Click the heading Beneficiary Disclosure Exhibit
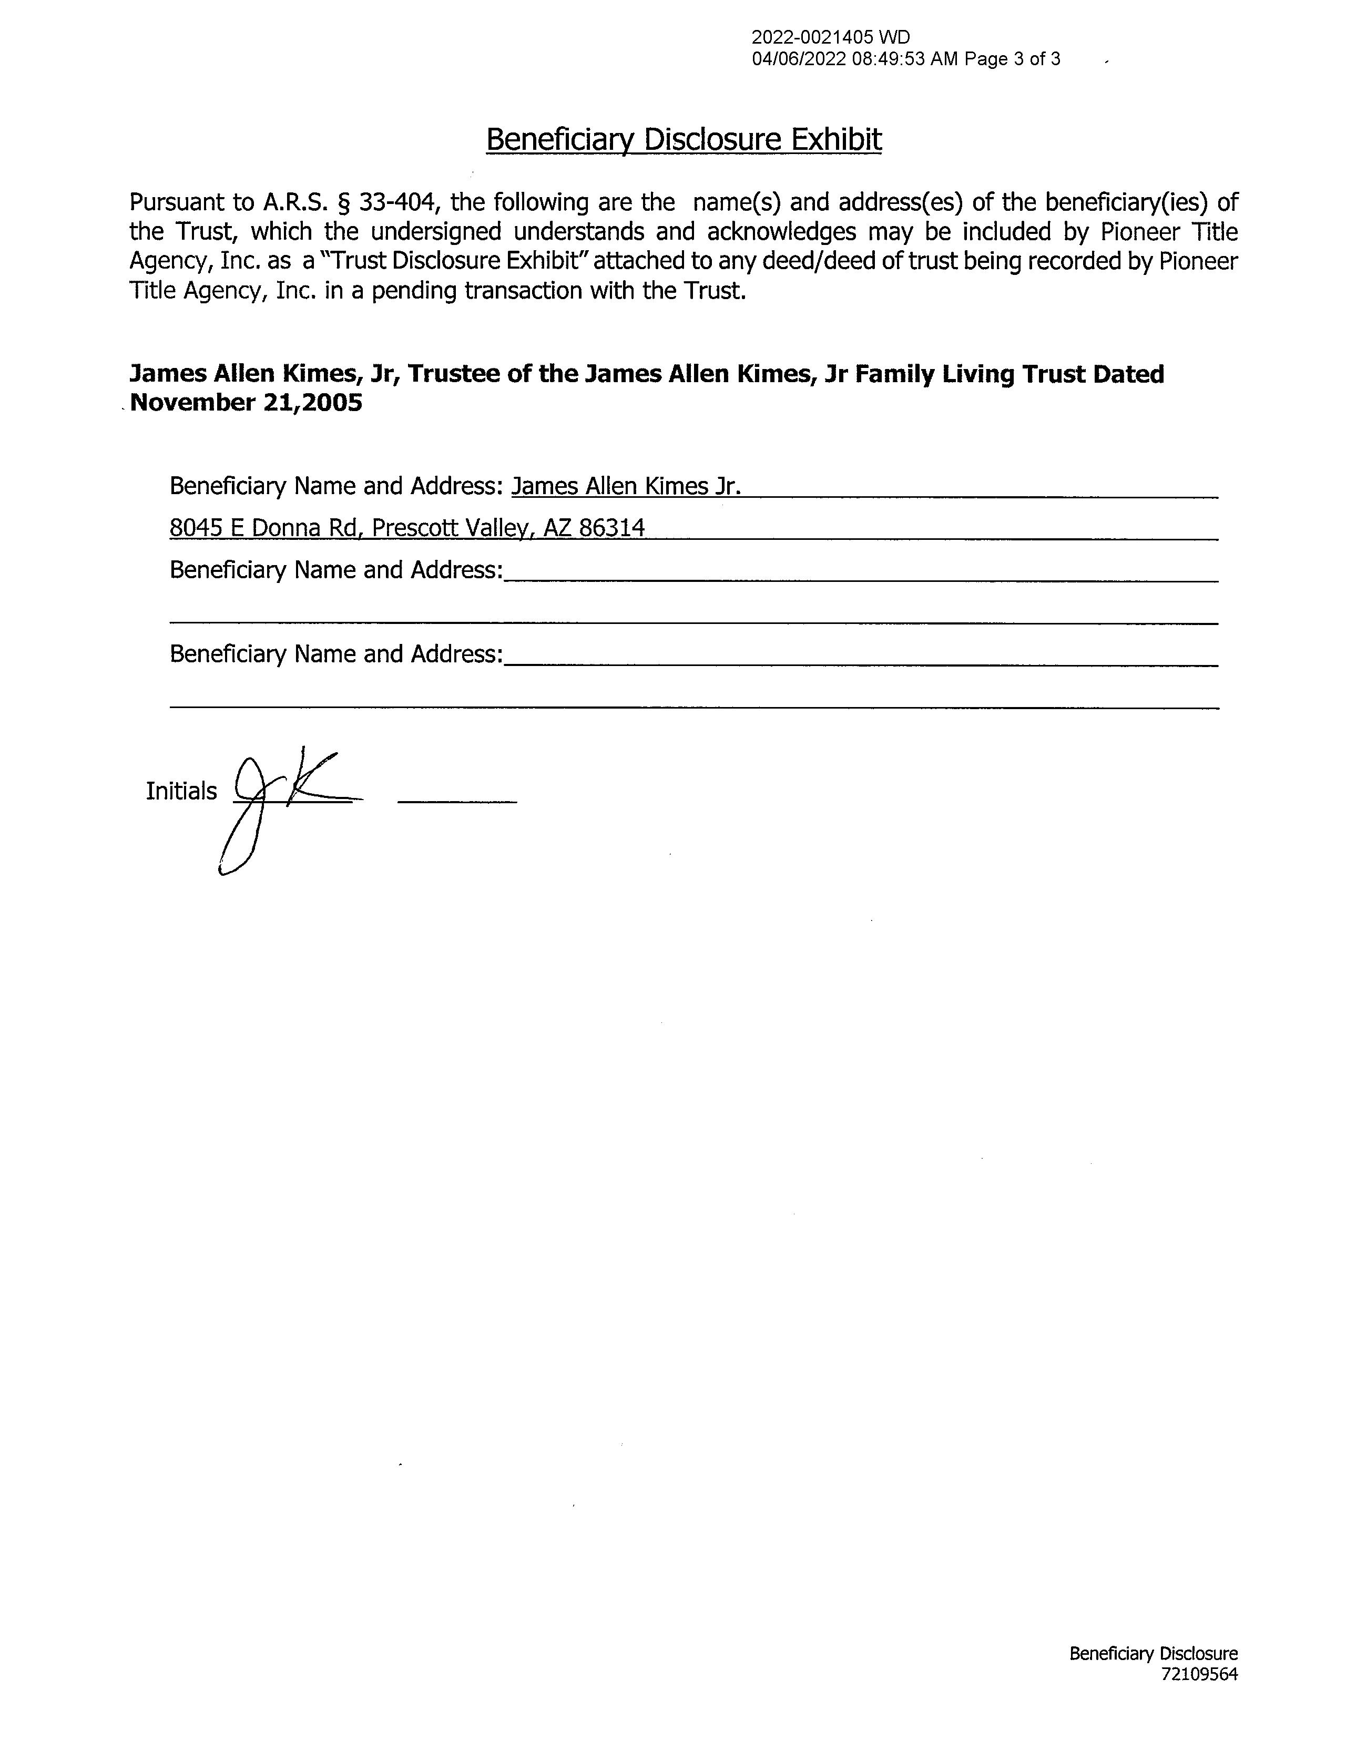tap(684, 139)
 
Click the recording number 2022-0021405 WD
tap(830, 37)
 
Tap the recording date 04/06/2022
tap(798, 59)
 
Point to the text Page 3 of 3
tap(1012, 59)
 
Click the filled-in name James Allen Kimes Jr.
tap(626, 486)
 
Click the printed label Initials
tap(181, 791)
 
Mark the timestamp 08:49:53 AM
tap(904, 59)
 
